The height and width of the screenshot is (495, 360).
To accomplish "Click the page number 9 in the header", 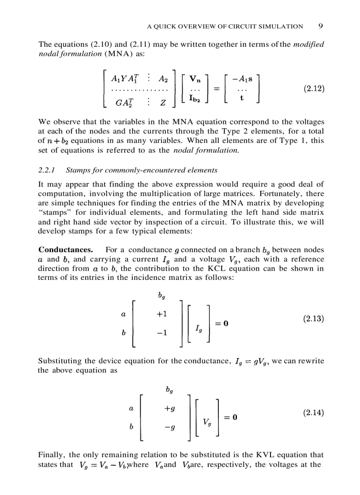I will (321, 26).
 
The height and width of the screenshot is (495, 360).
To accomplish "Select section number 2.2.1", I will (47, 170).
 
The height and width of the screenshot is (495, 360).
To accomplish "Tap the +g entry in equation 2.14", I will (169, 409).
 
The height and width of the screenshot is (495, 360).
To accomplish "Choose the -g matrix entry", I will (169, 427).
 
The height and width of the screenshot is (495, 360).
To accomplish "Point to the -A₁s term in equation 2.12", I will (243, 79).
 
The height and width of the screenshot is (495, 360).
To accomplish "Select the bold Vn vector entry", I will (195, 79).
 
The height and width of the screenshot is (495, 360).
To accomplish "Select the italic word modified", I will (309, 45).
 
